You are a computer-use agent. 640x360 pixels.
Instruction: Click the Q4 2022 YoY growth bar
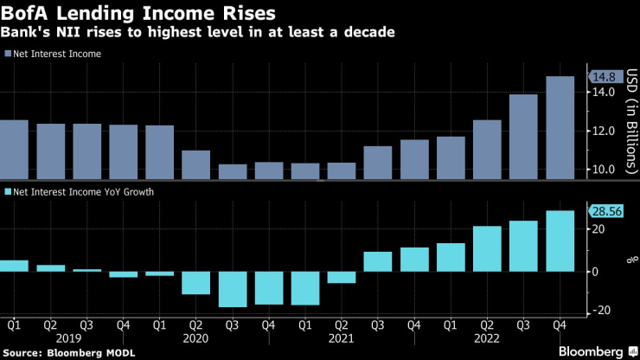tap(560, 241)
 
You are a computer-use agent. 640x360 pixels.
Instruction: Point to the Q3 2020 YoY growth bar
tap(233, 289)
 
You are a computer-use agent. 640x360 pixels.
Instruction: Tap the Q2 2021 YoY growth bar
tap(342, 277)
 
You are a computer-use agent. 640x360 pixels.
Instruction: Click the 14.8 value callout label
tap(606, 77)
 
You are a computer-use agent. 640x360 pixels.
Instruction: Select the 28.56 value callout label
tap(609, 211)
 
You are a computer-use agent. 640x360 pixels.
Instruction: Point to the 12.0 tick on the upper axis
tap(605, 131)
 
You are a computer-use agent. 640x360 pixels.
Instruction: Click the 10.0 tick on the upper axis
tap(605, 169)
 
